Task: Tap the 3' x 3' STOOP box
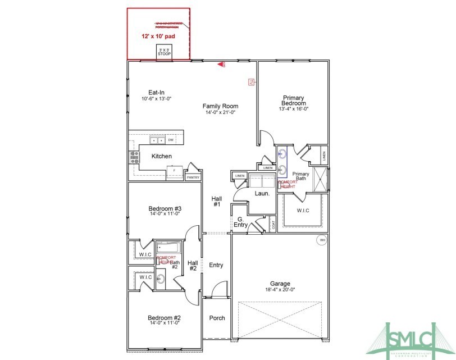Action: coord(164,52)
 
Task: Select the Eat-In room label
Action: coord(156,93)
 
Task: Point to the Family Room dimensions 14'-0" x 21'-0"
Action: coord(220,112)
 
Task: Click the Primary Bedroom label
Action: coord(294,101)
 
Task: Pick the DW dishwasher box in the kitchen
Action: coord(170,140)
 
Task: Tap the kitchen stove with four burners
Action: coord(135,157)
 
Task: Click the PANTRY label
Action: coord(193,177)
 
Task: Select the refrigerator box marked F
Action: coord(175,170)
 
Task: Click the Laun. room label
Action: coord(262,193)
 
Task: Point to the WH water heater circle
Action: coord(322,240)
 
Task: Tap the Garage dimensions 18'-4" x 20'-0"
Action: coord(280,290)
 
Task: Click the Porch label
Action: coord(217,318)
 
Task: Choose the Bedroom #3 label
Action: coord(165,208)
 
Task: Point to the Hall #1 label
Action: coord(217,202)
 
